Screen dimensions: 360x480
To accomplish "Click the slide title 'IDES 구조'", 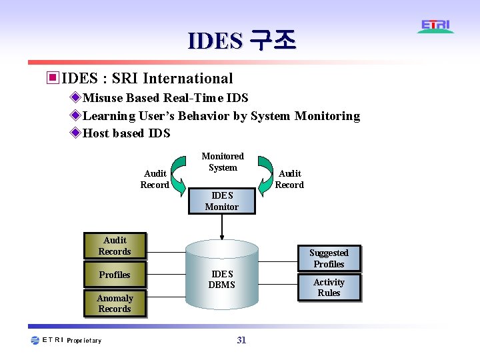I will click(x=241, y=41).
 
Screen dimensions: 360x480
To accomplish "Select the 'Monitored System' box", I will click(x=223, y=162).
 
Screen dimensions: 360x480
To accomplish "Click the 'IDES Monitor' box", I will click(x=221, y=201).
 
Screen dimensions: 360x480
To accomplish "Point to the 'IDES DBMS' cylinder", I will click(x=221, y=279).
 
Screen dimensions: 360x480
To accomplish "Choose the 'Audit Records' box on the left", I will click(x=115, y=246).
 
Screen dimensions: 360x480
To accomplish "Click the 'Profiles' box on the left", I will click(x=115, y=275).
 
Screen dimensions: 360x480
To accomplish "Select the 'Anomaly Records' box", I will click(x=115, y=303).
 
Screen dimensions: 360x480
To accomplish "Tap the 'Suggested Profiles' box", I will click(x=329, y=259).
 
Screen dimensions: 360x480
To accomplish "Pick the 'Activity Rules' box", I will click(x=329, y=287).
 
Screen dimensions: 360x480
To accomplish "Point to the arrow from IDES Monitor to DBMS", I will click(x=221, y=227).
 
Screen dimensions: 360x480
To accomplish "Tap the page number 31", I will click(x=241, y=340).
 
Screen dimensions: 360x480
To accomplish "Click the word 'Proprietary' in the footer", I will click(x=85, y=341).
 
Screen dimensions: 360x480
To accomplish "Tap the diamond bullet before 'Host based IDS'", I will click(x=75, y=133).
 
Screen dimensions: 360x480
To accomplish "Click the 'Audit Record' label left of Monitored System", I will click(x=155, y=179).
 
